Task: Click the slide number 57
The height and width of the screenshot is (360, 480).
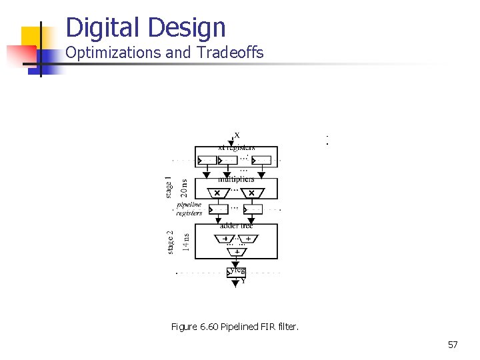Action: tap(453, 345)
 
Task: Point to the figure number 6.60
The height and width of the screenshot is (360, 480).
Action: tap(209, 327)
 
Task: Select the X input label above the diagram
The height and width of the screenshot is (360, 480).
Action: tap(237, 135)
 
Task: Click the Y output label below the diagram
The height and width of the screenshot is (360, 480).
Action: tap(242, 281)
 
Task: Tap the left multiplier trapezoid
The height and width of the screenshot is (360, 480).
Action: tap(217, 193)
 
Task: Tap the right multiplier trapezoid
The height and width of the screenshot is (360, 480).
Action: tap(251, 193)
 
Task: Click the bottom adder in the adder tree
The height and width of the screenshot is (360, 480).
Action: tap(236, 251)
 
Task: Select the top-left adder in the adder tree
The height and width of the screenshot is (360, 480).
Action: tap(225, 238)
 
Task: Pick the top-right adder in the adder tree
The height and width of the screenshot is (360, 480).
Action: tap(247, 238)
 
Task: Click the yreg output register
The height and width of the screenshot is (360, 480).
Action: tap(236, 271)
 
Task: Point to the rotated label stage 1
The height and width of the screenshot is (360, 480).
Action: tap(169, 187)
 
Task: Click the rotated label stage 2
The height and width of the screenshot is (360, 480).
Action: tap(171, 241)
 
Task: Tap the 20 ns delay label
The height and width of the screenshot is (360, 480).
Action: tap(183, 188)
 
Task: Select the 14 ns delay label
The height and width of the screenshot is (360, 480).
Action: tap(185, 241)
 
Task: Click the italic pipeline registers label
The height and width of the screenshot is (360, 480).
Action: tap(189, 209)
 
